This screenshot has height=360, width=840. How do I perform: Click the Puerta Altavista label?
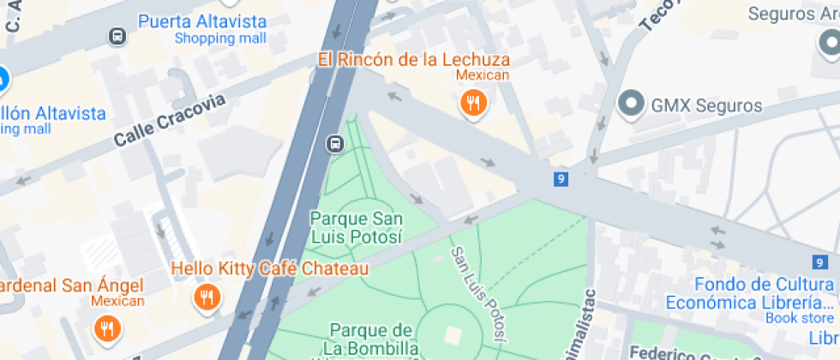click(x=202, y=21)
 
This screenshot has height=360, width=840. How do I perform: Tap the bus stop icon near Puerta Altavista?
click(x=117, y=36)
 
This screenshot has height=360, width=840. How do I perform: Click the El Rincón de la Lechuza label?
click(x=413, y=59)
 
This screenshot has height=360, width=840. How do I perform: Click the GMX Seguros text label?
click(x=706, y=106)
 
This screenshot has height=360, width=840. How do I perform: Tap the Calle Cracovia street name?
click(x=171, y=120)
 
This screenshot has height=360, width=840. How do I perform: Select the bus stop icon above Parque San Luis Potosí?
click(x=334, y=143)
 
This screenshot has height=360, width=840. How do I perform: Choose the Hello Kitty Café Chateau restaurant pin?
click(x=206, y=298)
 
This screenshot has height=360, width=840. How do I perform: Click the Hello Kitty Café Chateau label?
click(x=270, y=268)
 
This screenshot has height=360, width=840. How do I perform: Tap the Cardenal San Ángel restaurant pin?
click(x=106, y=328)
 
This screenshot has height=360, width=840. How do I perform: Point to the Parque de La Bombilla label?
click(x=374, y=339)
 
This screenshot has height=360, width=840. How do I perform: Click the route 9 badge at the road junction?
click(x=560, y=178)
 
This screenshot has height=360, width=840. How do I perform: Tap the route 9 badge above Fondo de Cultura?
click(x=820, y=263)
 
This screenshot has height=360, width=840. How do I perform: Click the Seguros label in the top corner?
click(x=792, y=14)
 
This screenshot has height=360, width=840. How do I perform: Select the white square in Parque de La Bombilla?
click(x=452, y=335)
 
